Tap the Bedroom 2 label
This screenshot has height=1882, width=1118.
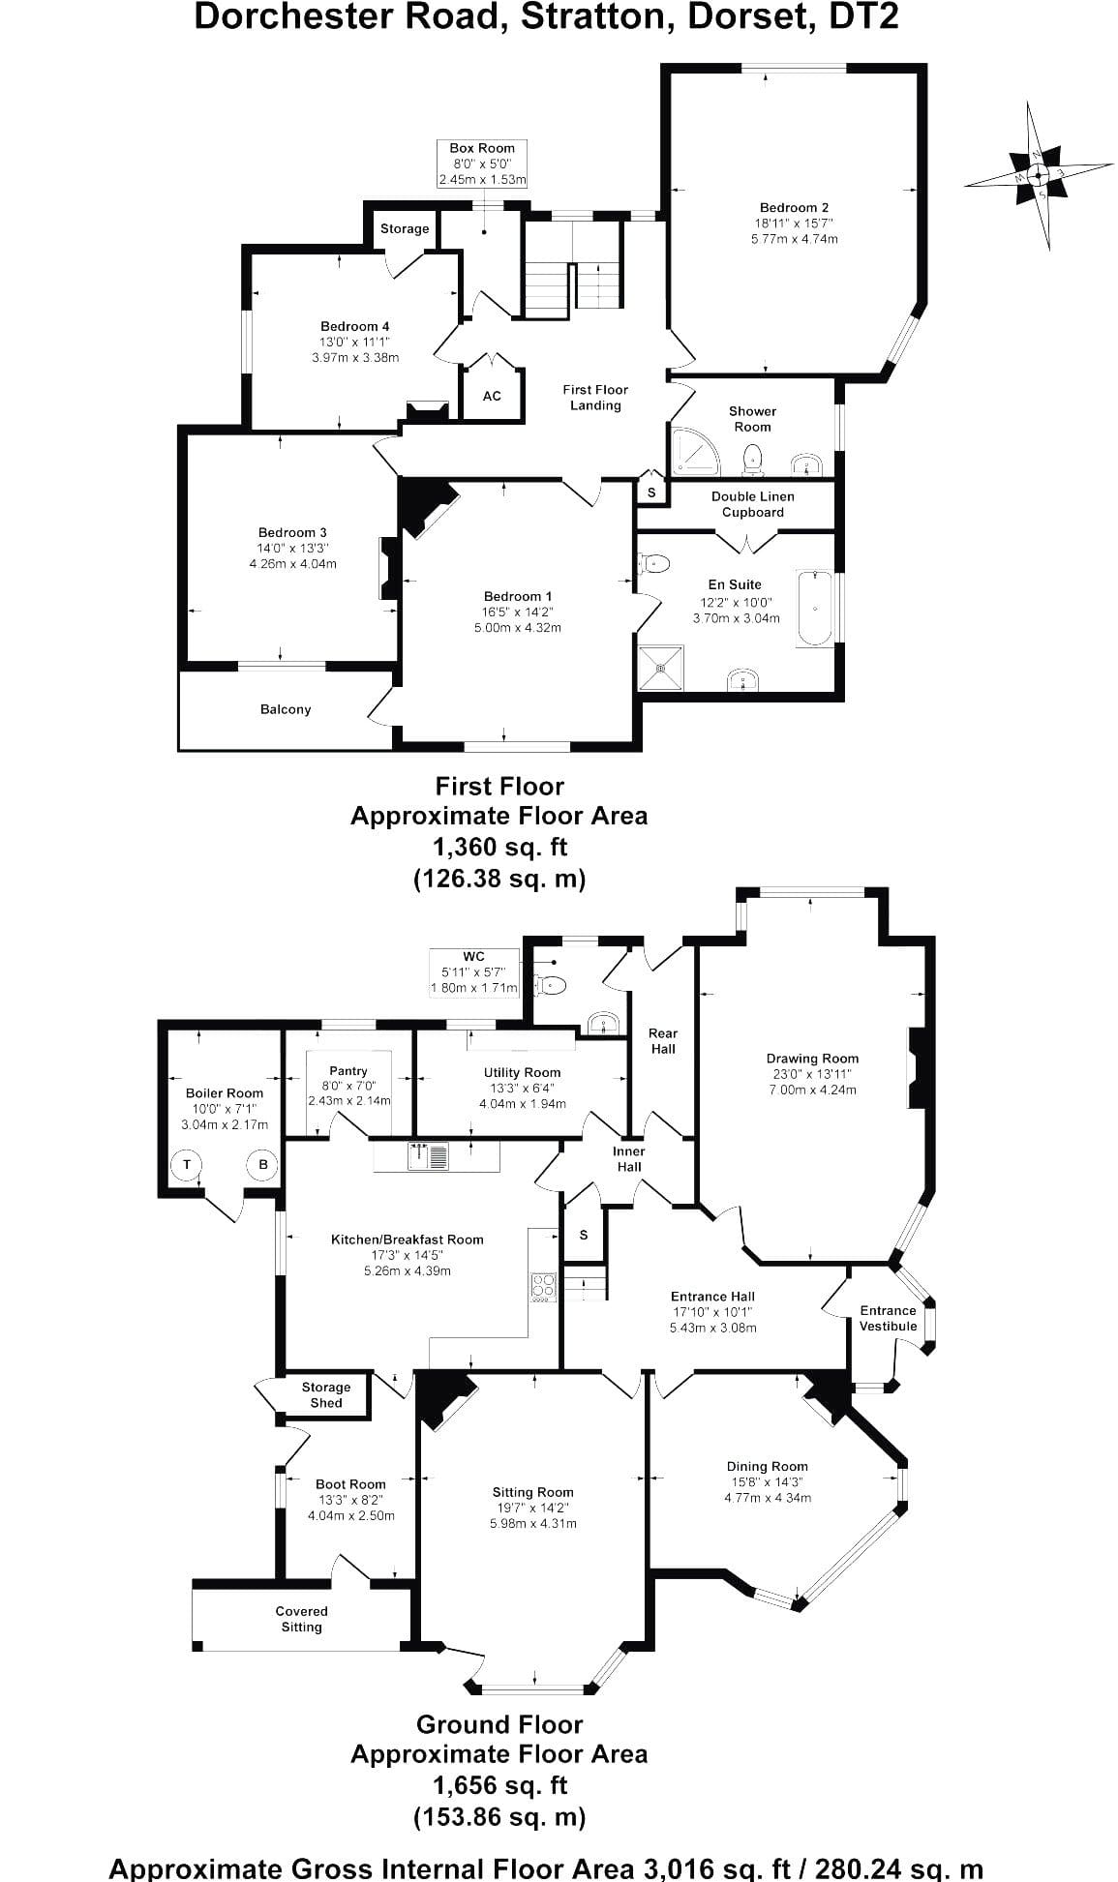pos(794,207)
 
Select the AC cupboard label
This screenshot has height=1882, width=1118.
pos(492,396)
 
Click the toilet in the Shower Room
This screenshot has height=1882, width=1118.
pos(752,460)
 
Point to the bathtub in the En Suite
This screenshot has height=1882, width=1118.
pos(815,610)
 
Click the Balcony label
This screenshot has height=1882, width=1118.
pos(286,709)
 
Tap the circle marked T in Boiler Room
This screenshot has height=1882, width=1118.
pos(187,1164)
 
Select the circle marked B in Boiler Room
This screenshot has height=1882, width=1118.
pos(262,1164)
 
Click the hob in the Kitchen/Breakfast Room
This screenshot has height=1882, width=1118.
pos(543,1286)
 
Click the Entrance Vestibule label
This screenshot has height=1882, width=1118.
pos(888,1318)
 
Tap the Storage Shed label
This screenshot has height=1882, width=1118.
pos(326,1394)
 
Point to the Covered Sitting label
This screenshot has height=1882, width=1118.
pos(301,1619)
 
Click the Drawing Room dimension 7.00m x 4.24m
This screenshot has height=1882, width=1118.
pos(811,1090)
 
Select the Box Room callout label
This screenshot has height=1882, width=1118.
pos(482,164)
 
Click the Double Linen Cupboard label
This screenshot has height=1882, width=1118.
pos(752,504)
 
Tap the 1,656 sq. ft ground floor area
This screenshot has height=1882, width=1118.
pos(499,1784)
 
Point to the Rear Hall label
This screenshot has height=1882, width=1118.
pos(663,1040)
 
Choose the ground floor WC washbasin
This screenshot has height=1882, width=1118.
pos(602,1024)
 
